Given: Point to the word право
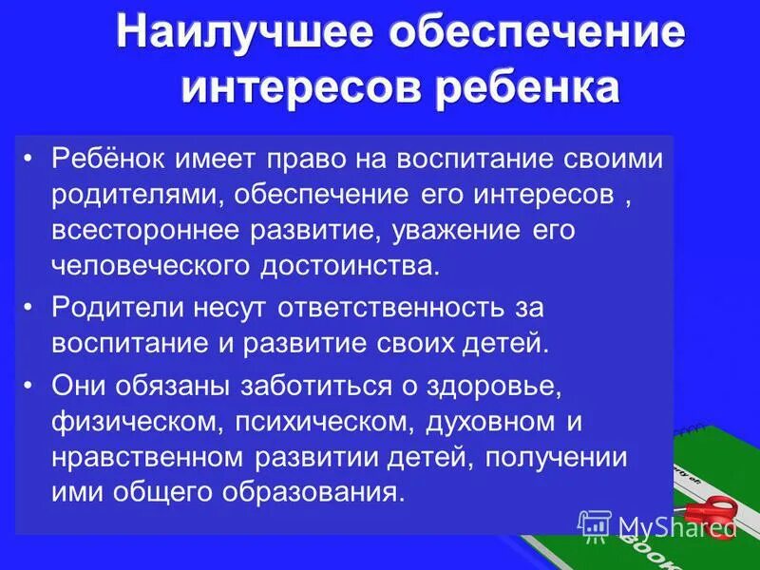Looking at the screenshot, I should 311,159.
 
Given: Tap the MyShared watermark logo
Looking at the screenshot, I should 658,525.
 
